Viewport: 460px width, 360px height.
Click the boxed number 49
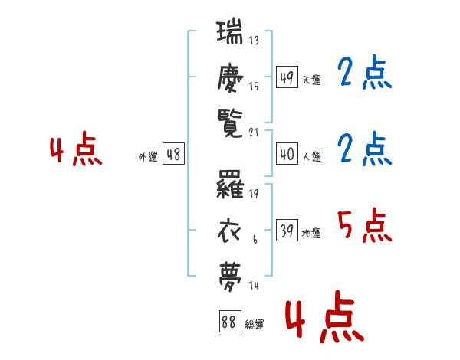coord(287,77)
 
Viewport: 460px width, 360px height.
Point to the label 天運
coord(312,80)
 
